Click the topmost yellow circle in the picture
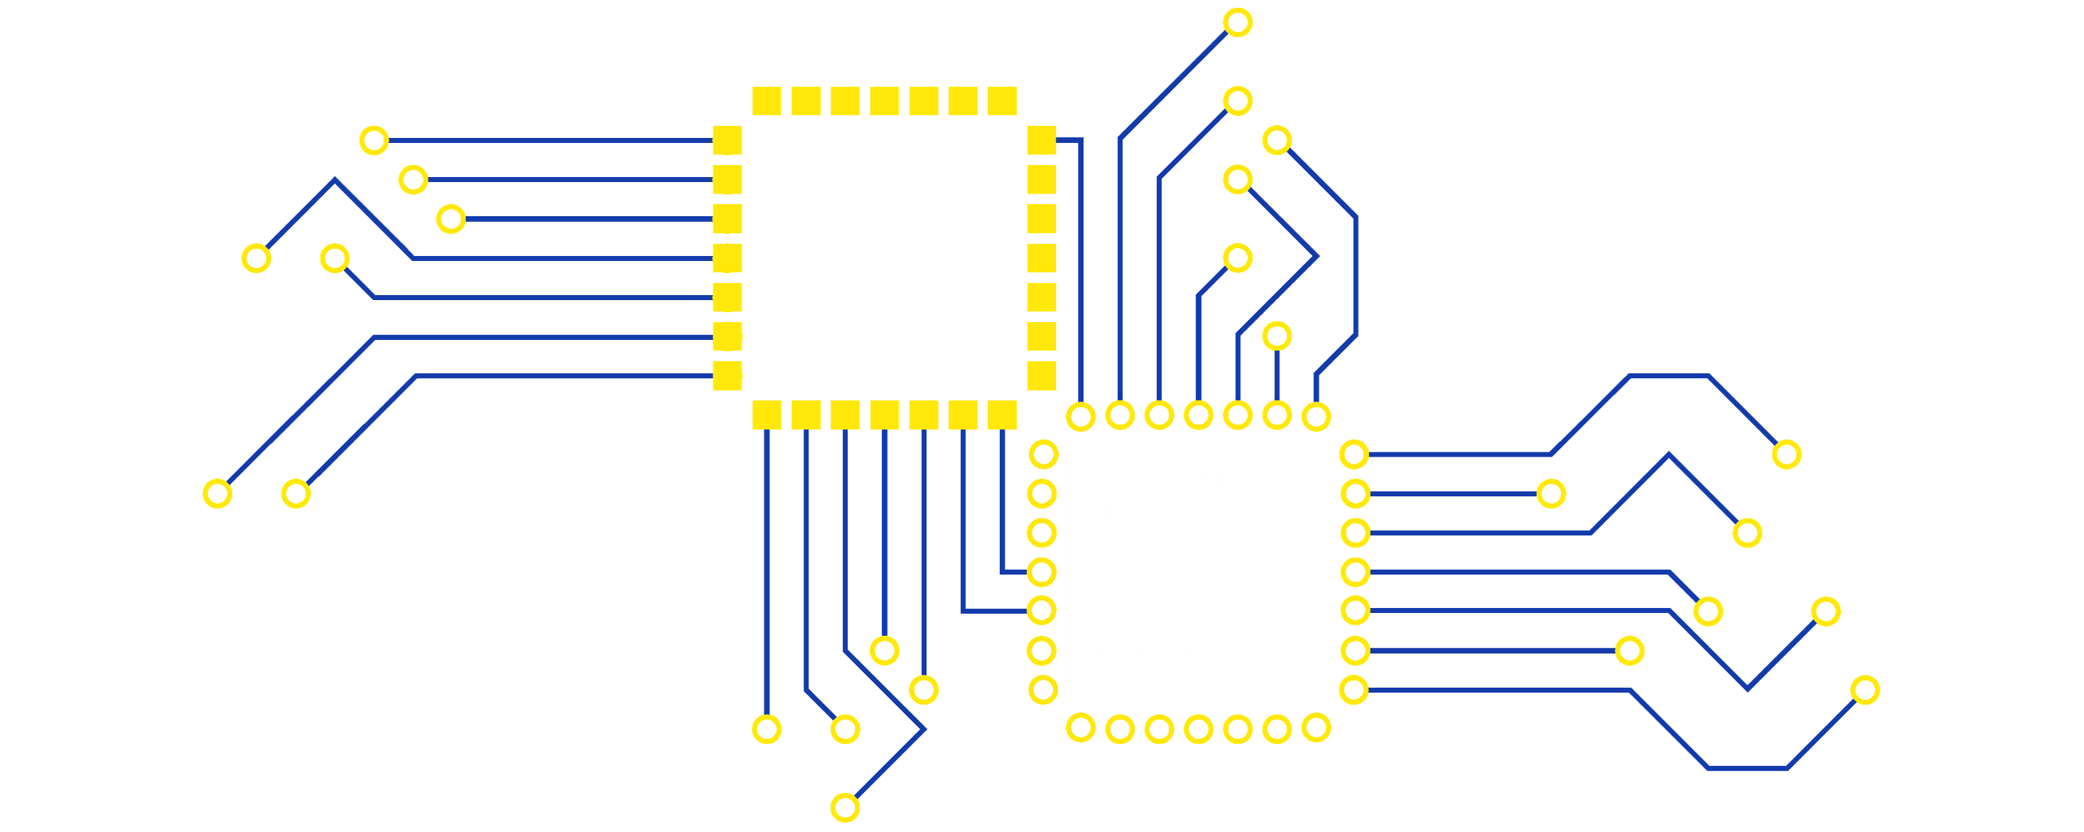pyautogui.click(x=1237, y=22)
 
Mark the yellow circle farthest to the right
pyautogui.click(x=1866, y=690)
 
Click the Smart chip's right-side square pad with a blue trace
pyautogui.click(x=1041, y=141)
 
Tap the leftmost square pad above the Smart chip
pyautogui.click(x=766, y=101)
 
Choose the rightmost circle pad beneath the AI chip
pyautogui.click(x=1316, y=728)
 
